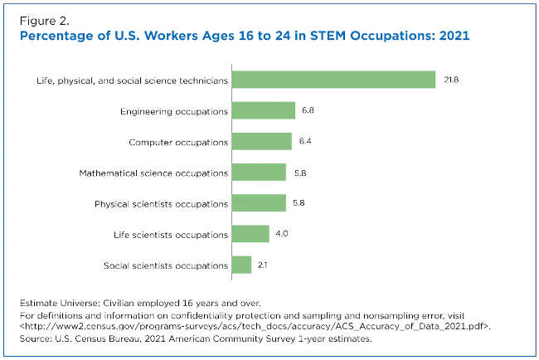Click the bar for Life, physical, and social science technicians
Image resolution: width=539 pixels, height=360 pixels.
click(x=333, y=80)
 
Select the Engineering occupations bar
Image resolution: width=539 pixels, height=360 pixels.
click(x=264, y=110)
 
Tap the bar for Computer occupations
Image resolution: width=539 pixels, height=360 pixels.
click(x=262, y=142)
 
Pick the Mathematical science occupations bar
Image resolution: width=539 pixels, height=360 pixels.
click(x=259, y=173)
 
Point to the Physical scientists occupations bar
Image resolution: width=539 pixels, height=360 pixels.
click(x=259, y=203)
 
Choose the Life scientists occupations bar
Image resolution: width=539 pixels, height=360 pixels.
click(x=250, y=234)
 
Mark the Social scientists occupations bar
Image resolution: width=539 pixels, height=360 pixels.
click(x=241, y=265)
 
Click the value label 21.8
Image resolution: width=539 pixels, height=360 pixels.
click(x=450, y=80)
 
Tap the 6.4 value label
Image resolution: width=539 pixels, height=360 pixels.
click(x=305, y=142)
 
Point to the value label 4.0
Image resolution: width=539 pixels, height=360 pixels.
click(x=282, y=234)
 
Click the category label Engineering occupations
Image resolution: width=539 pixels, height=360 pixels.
click(x=174, y=111)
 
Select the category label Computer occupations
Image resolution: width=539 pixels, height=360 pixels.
click(x=178, y=142)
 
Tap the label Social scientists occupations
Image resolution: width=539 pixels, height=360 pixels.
click(x=166, y=265)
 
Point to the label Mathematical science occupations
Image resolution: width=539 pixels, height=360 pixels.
click(x=153, y=173)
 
